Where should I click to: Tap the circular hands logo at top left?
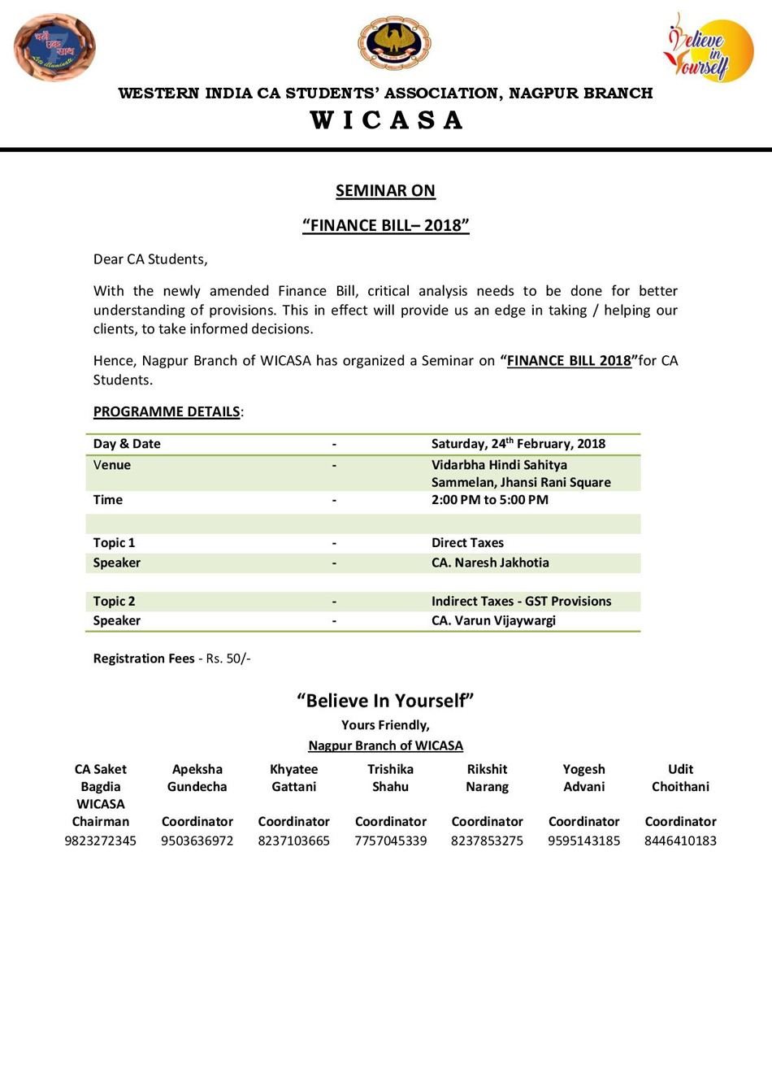[x=54, y=47]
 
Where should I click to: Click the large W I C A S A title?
[x=386, y=120]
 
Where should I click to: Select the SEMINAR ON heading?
[x=385, y=190]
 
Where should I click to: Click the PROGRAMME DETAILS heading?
[x=167, y=411]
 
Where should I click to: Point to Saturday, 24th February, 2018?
[x=518, y=444]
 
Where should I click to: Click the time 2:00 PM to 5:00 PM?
[x=489, y=500]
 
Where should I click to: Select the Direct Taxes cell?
[x=467, y=543]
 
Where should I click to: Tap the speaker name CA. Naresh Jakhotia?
[x=490, y=563]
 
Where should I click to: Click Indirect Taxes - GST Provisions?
[x=521, y=602]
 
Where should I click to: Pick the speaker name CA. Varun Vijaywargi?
[x=493, y=621]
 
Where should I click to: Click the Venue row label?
[x=111, y=465]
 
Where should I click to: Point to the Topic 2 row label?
[x=114, y=602]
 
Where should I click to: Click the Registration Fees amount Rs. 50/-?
[x=228, y=659]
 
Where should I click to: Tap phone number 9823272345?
[x=100, y=841]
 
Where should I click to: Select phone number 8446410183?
[x=680, y=841]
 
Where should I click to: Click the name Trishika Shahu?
[x=390, y=778]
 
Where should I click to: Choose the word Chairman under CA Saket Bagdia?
[x=100, y=822]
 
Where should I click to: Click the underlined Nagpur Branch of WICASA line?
[x=385, y=745]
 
